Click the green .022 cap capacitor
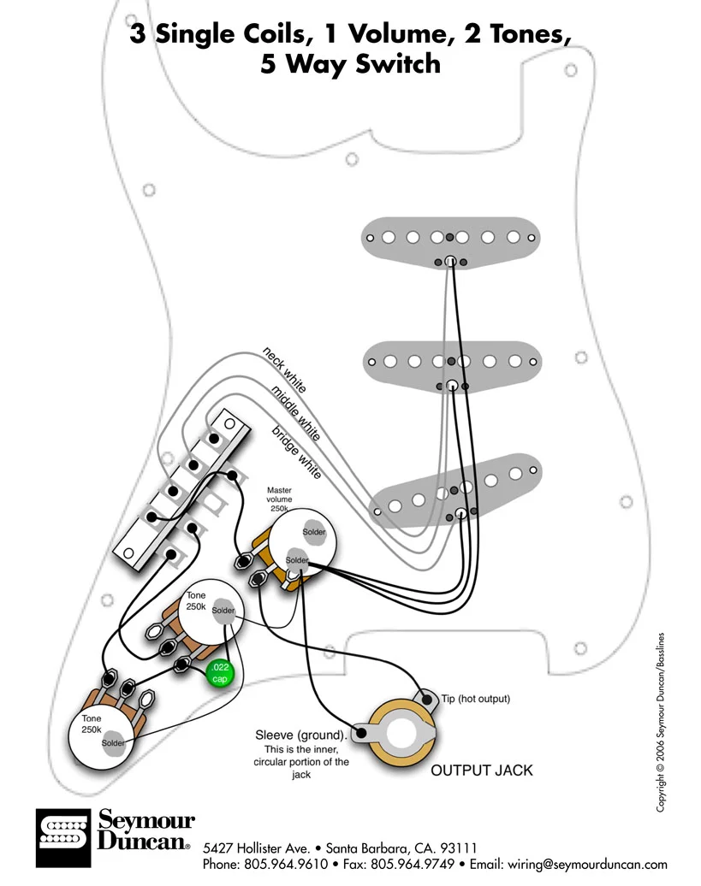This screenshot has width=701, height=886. tap(220, 673)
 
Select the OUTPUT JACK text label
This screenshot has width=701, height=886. tap(481, 771)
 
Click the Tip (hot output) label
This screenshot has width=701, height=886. tap(476, 699)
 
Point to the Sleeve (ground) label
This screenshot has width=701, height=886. tap(301, 735)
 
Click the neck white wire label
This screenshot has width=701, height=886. tap(285, 369)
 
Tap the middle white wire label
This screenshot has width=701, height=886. tap(296, 413)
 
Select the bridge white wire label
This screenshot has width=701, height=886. tap(297, 451)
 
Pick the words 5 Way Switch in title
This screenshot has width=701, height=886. tap(350, 64)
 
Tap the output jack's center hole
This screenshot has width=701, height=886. tap(402, 734)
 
